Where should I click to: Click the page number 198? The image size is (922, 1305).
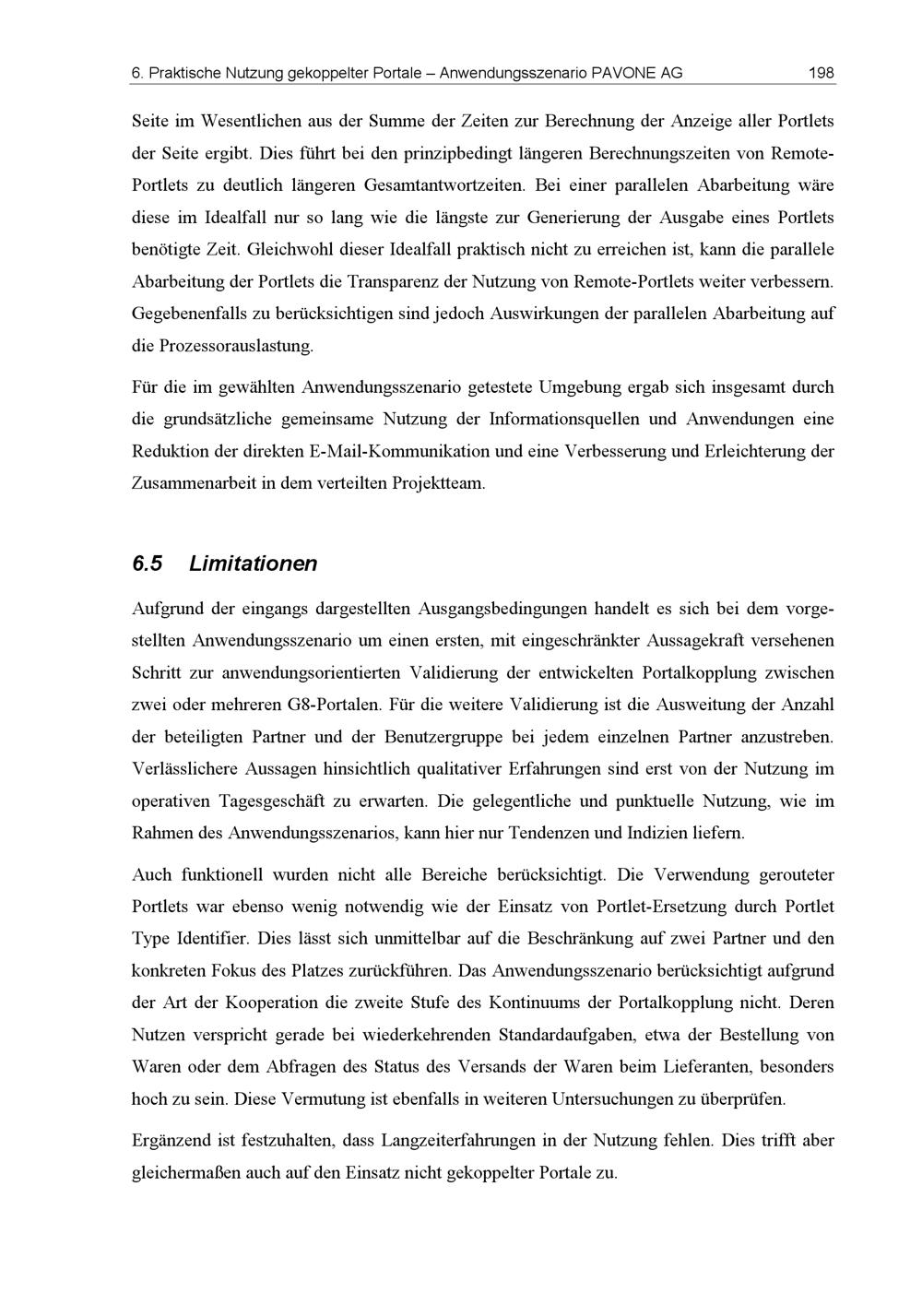tap(821, 73)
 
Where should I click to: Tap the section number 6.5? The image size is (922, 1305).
tap(148, 564)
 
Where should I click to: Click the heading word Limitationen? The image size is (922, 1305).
tap(253, 564)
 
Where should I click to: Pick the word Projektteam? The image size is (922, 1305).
tap(438, 483)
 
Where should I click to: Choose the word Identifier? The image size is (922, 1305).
tap(208, 938)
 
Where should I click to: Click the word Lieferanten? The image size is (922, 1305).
tap(707, 1066)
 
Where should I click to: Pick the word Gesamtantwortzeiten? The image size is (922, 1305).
tap(443, 184)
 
